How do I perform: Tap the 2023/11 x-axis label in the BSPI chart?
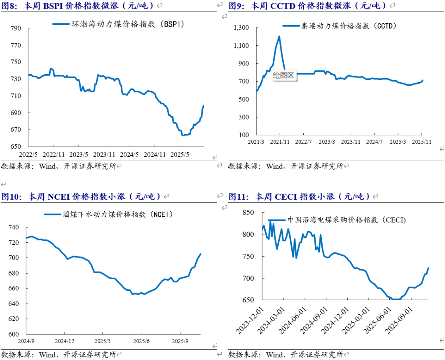(105, 155)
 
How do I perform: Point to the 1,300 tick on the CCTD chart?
(242, 28)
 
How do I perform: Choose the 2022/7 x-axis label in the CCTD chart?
(303, 142)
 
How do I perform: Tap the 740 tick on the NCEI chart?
(14, 227)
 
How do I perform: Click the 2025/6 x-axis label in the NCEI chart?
(141, 341)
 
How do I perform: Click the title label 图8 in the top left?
(9, 6)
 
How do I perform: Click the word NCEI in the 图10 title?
(59, 196)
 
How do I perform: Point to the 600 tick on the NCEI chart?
(14, 334)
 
